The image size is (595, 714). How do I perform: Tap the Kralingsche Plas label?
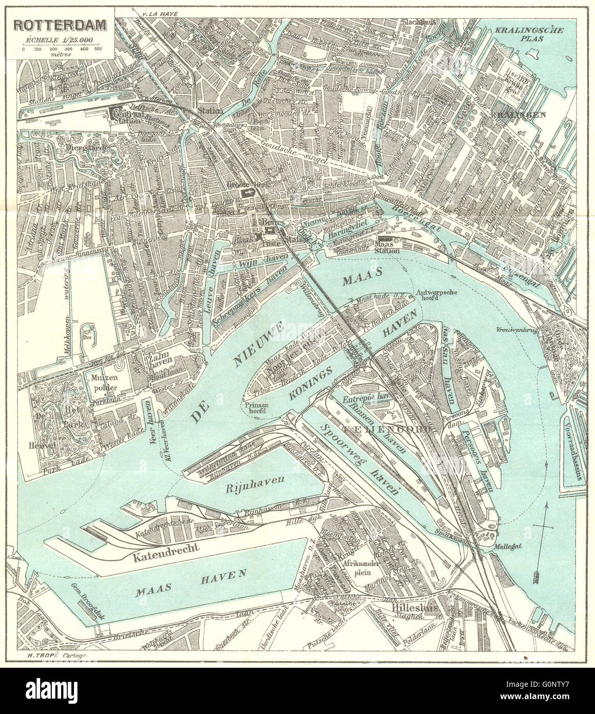tap(528, 34)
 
